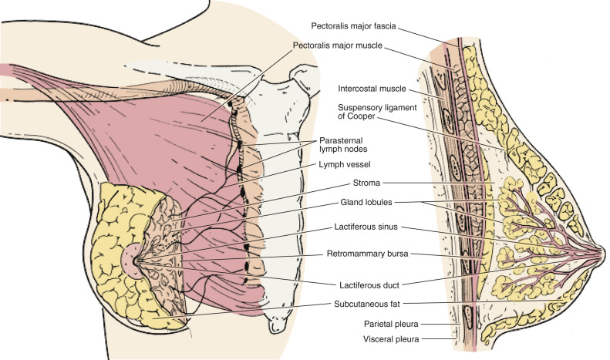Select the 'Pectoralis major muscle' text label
[x=339, y=45]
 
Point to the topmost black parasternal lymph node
[x=231, y=102]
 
